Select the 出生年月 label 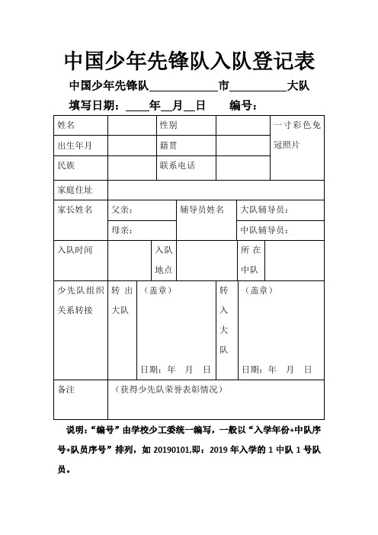coord(74,145)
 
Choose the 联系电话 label coord(177,165)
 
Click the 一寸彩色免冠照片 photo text coord(297,134)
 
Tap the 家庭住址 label coord(74,190)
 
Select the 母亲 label coord(122,229)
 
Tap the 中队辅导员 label coord(275,229)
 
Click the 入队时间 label coord(74,250)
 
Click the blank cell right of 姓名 coord(132,124)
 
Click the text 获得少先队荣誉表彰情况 coord(167,389)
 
